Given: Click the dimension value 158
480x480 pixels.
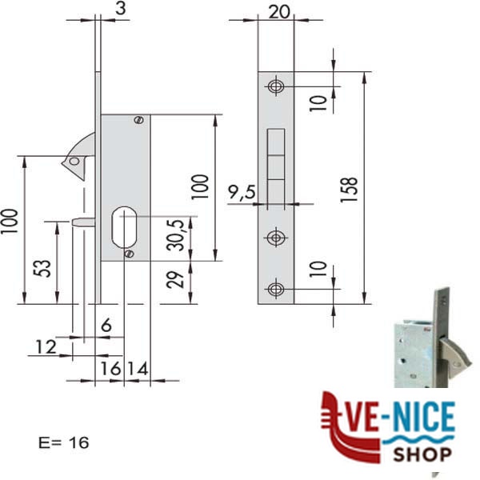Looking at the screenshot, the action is pos(349,190).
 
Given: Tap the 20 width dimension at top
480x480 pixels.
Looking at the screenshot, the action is pos(279,12).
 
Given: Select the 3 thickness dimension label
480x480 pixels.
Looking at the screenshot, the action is pos(121,9).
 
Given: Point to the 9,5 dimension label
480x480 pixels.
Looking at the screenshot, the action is pos(242,193).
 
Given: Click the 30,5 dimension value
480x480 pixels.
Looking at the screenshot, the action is pos(176,235).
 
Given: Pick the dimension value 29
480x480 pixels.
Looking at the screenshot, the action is pos(175,279).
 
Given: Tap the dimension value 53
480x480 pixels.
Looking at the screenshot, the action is pos(42,269).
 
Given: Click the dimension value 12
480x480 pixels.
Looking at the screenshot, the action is pos(46,346).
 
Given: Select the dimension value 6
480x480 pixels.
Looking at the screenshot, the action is pos(106,325).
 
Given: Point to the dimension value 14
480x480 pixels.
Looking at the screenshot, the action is pos(138,368).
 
